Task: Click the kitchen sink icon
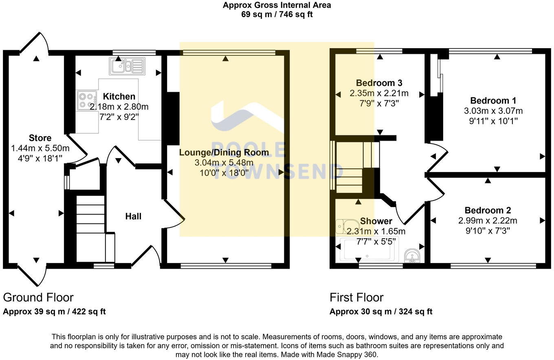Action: tap(127, 66)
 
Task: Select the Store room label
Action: tap(40, 138)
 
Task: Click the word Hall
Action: tap(133, 216)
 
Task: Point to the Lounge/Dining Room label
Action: tap(224, 152)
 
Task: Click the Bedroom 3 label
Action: tap(379, 83)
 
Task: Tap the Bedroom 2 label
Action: tap(488, 210)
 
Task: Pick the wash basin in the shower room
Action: tap(412, 255)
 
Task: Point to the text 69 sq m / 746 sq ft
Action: tap(277, 14)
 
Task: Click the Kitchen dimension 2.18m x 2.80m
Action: tap(119, 107)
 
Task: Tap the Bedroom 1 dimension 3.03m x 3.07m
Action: tap(493, 111)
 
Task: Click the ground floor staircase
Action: tap(90, 228)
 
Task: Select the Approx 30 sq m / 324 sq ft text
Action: tap(380, 312)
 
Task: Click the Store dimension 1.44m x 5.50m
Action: tap(40, 148)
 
